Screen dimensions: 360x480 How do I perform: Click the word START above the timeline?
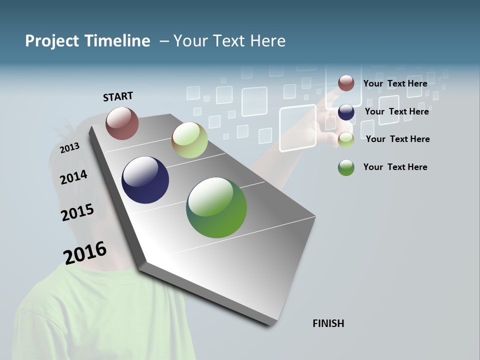click(x=118, y=96)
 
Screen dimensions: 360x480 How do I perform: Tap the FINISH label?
click(x=328, y=323)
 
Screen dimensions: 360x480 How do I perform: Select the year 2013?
click(x=69, y=147)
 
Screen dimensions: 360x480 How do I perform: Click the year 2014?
click(x=73, y=177)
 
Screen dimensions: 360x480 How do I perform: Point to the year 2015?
click(x=77, y=212)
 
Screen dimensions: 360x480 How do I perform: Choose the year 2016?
click(x=85, y=253)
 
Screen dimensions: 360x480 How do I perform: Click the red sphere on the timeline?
click(x=122, y=123)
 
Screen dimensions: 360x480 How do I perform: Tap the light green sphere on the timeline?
click(x=189, y=140)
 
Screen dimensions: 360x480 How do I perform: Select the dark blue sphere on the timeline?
click(x=145, y=180)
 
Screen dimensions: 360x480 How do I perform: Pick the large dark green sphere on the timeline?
click(x=216, y=207)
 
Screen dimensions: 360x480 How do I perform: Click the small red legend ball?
click(x=346, y=83)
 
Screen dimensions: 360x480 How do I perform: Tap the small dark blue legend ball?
click(x=346, y=112)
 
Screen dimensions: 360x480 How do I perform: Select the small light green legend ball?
click(x=346, y=140)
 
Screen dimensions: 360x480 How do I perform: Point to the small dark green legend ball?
click(x=346, y=167)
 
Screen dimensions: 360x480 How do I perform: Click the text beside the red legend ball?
click(x=395, y=83)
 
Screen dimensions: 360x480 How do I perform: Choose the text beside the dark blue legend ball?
click(x=396, y=111)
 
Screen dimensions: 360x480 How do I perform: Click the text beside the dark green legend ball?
click(x=395, y=167)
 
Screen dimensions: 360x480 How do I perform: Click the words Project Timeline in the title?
click(x=87, y=41)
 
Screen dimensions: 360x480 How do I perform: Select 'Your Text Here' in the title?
click(x=229, y=41)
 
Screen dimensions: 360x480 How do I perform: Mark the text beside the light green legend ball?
click(x=397, y=139)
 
